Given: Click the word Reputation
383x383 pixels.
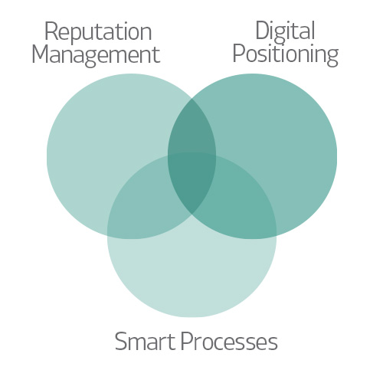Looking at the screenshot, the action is (98, 33).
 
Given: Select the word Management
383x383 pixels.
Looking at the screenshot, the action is (96, 55).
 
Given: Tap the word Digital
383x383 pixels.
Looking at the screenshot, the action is (285, 32).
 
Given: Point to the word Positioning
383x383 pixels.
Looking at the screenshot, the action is (286, 54).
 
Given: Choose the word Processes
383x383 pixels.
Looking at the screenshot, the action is (229, 342).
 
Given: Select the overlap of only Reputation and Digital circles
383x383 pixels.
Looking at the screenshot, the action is (192, 128).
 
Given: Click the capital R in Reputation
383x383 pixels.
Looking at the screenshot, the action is (51, 31).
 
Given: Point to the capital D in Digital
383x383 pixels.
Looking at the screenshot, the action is (263, 30).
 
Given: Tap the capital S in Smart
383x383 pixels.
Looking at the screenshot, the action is (120, 341).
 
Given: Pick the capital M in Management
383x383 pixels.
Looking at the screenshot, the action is (40, 54).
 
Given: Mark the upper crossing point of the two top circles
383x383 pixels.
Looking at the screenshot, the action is (192, 99).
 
